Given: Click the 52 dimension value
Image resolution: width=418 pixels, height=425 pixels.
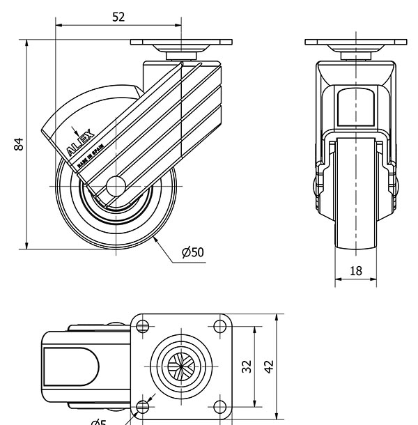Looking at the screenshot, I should click(x=118, y=17).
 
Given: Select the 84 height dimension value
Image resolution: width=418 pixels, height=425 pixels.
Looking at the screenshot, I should click(x=20, y=144).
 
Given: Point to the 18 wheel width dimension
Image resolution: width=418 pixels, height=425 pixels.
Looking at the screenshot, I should click(x=355, y=271).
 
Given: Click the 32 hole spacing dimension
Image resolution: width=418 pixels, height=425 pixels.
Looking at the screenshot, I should click(x=245, y=366).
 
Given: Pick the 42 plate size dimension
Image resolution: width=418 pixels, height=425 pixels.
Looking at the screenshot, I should click(x=268, y=366).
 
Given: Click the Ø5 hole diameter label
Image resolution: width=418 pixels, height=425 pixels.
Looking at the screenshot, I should click(x=99, y=421).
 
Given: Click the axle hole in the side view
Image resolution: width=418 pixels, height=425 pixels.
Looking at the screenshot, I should click(x=115, y=187).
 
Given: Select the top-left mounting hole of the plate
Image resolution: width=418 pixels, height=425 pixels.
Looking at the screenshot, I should click(x=144, y=325).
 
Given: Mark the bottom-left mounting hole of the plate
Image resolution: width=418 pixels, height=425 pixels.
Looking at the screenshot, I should click(x=144, y=406).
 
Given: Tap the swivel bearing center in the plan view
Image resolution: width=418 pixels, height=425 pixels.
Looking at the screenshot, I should click(x=182, y=366).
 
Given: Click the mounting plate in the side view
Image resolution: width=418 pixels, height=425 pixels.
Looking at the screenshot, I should click(x=182, y=42).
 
